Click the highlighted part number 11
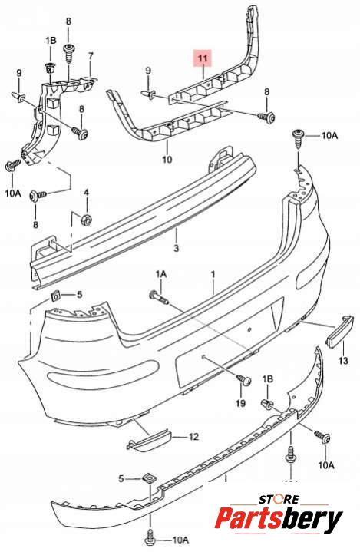(x=203, y=58)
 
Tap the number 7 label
(x=91, y=55)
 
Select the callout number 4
(x=86, y=193)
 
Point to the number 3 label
(x=177, y=248)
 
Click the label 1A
(x=161, y=274)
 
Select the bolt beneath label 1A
(x=159, y=298)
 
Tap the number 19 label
(x=241, y=402)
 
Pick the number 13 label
(x=343, y=360)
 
